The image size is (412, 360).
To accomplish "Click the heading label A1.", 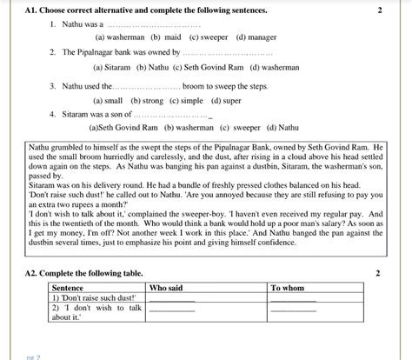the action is (x=32, y=10).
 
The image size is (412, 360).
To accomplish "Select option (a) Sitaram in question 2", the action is (x=115, y=67).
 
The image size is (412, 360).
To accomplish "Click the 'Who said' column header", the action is (x=167, y=287).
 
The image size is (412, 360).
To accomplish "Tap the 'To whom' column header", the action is (x=288, y=287).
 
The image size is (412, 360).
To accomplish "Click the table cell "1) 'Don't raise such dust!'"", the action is (x=95, y=297).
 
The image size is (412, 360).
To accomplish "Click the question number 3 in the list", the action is (x=53, y=87).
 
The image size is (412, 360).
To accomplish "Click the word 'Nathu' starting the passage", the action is (x=40, y=149).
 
